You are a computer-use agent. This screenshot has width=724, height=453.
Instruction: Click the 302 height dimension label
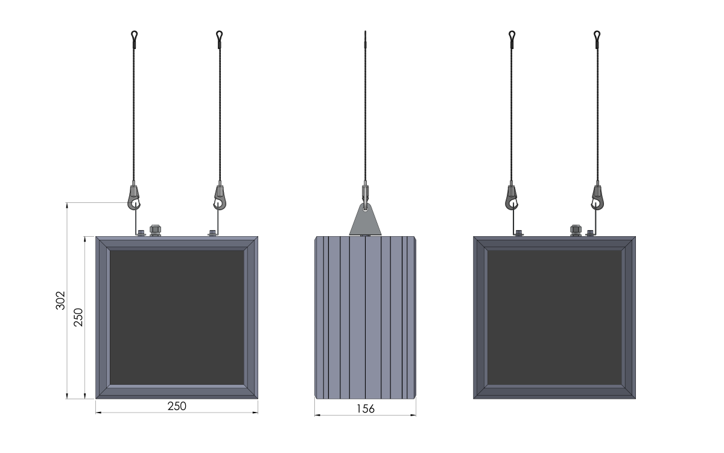60,301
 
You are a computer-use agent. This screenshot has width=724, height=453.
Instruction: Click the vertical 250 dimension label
78,318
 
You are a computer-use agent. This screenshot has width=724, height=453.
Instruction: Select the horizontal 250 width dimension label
177,406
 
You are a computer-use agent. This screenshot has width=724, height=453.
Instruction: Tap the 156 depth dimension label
366,409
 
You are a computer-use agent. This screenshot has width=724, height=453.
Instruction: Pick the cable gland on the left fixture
155,230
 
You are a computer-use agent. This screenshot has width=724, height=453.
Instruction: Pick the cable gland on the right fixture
576,230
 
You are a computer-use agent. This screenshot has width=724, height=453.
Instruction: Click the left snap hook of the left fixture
134,198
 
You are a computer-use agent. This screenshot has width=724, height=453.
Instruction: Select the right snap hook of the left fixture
220,198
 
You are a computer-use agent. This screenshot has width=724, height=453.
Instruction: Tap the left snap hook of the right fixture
512,198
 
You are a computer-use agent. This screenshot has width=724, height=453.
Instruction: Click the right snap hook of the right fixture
597,198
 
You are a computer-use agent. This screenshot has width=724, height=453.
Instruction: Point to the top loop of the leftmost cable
134,34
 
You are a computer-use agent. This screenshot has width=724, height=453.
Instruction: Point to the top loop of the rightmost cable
597,34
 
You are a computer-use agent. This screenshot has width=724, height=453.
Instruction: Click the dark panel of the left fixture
177,318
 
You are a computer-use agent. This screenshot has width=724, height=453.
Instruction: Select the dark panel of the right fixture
554,318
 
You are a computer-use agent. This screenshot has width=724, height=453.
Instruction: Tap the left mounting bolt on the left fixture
141,233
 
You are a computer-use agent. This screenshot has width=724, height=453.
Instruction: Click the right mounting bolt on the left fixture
212,233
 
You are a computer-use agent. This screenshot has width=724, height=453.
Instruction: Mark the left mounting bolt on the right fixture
519,233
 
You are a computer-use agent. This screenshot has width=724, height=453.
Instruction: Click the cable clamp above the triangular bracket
365,193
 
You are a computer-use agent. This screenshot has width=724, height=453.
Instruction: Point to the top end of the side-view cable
365,31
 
